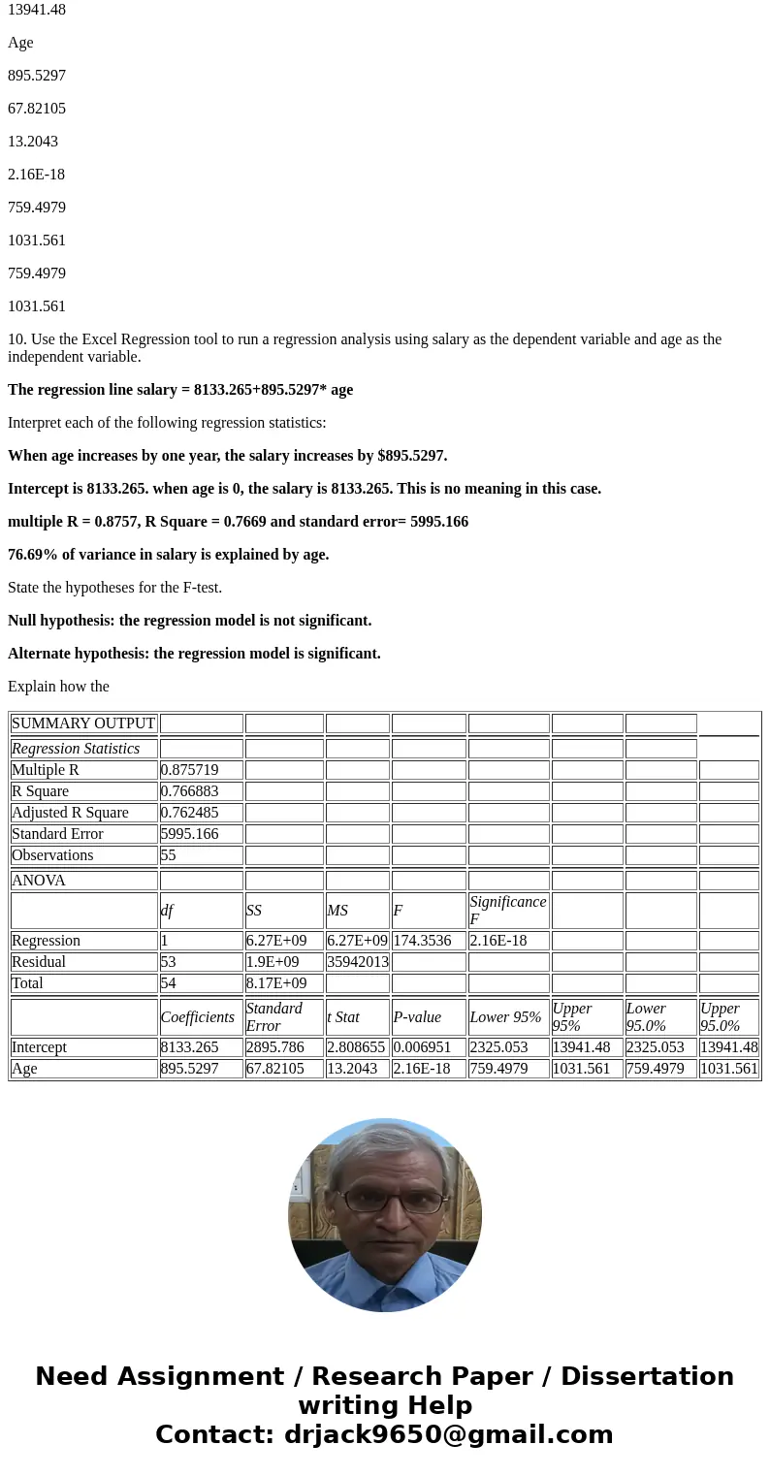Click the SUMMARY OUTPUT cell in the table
click(83, 723)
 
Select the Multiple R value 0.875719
click(190, 770)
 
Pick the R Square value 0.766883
click(190, 791)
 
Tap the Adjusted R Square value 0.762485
click(190, 813)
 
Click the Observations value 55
click(169, 855)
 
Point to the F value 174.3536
click(422, 941)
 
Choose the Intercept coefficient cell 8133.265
click(190, 1047)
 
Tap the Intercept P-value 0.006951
click(422, 1047)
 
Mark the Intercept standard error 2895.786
click(275, 1047)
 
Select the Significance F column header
click(507, 910)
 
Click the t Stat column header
click(343, 1017)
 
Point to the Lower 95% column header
click(505, 1017)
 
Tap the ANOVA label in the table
click(39, 881)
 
